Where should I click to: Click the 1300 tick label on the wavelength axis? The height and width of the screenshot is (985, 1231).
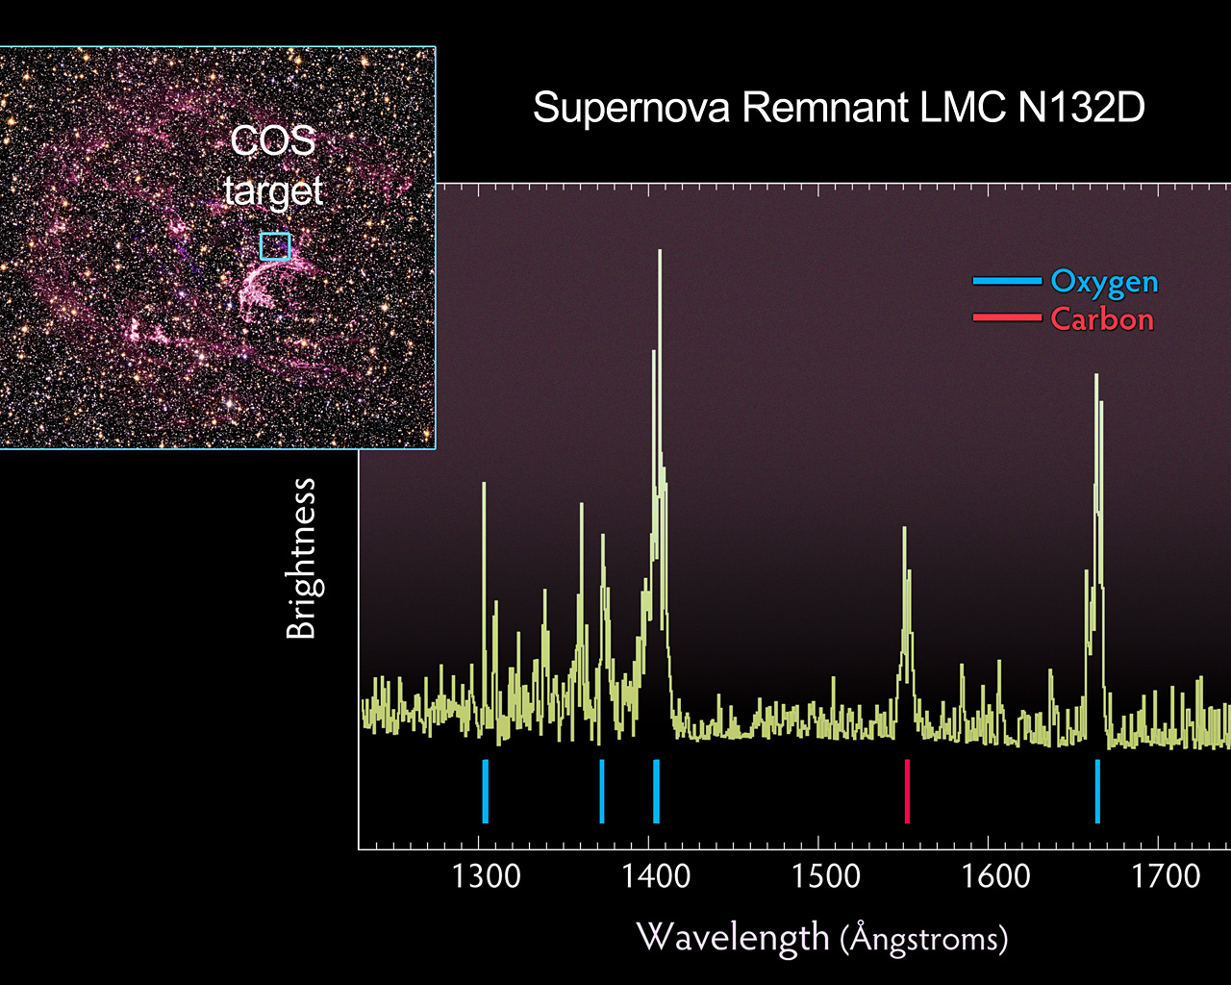click(x=487, y=876)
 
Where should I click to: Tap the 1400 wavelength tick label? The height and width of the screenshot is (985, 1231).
click(x=656, y=876)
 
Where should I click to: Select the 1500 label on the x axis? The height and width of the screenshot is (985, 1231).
click(x=826, y=876)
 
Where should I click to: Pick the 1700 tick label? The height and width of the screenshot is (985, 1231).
click(x=1166, y=876)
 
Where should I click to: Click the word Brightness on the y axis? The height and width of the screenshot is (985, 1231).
click(x=302, y=559)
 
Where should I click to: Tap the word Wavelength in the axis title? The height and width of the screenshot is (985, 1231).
click(x=733, y=936)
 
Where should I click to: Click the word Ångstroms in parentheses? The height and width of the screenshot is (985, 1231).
click(x=924, y=938)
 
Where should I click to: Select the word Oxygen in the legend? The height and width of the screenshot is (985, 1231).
click(x=1104, y=282)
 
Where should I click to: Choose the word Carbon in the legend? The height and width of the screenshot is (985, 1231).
click(x=1101, y=319)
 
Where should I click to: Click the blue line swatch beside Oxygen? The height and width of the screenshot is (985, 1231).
click(x=1007, y=281)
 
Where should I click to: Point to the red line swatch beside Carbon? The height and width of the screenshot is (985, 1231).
click(x=1007, y=317)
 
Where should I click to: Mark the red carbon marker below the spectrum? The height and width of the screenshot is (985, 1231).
click(x=907, y=791)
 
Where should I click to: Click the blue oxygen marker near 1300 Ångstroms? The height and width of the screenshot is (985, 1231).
click(x=485, y=791)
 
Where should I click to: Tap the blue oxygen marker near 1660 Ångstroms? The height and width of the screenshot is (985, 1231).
click(x=1097, y=791)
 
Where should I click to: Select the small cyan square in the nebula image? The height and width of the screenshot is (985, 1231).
click(x=274, y=246)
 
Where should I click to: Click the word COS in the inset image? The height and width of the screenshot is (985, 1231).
click(x=273, y=141)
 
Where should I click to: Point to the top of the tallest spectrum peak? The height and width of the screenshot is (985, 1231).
click(x=660, y=252)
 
